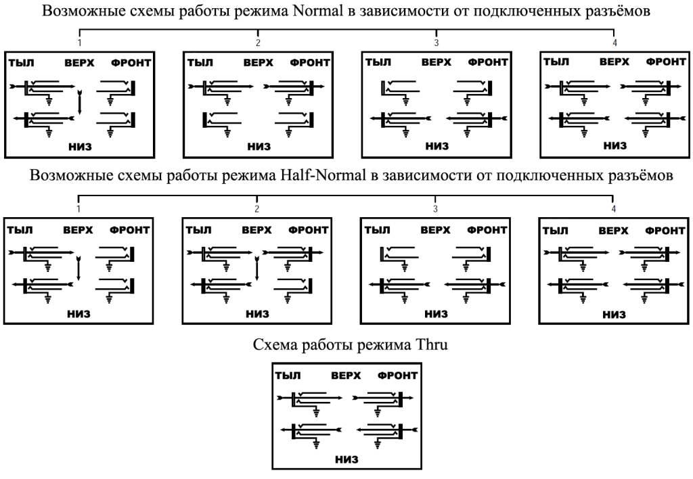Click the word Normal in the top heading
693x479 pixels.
click(x=318, y=11)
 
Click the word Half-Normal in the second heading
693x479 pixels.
click(x=323, y=175)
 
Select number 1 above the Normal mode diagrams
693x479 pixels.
click(x=80, y=43)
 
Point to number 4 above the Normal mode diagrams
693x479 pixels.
click(x=614, y=43)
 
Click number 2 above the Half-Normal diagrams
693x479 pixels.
click(x=257, y=208)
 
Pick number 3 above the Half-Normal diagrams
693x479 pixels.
click(x=435, y=208)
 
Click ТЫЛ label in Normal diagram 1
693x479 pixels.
click(x=21, y=63)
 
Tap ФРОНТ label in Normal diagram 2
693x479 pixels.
click(x=310, y=63)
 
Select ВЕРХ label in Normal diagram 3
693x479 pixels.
click(x=437, y=62)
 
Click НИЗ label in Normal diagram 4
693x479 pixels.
click(x=615, y=145)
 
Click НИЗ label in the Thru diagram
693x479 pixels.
click(x=347, y=459)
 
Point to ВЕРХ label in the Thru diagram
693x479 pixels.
click(x=346, y=375)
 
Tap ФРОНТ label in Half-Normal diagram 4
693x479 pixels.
click(x=665, y=230)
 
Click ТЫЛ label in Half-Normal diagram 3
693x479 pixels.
click(x=377, y=230)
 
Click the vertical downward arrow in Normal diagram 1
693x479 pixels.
click(x=80, y=102)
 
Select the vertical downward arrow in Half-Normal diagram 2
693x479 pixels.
click(x=256, y=268)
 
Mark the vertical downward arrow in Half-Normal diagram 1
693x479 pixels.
click(x=79, y=268)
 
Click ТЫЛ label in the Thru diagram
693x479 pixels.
click(x=288, y=375)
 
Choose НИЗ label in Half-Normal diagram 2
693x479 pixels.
click(x=258, y=314)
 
